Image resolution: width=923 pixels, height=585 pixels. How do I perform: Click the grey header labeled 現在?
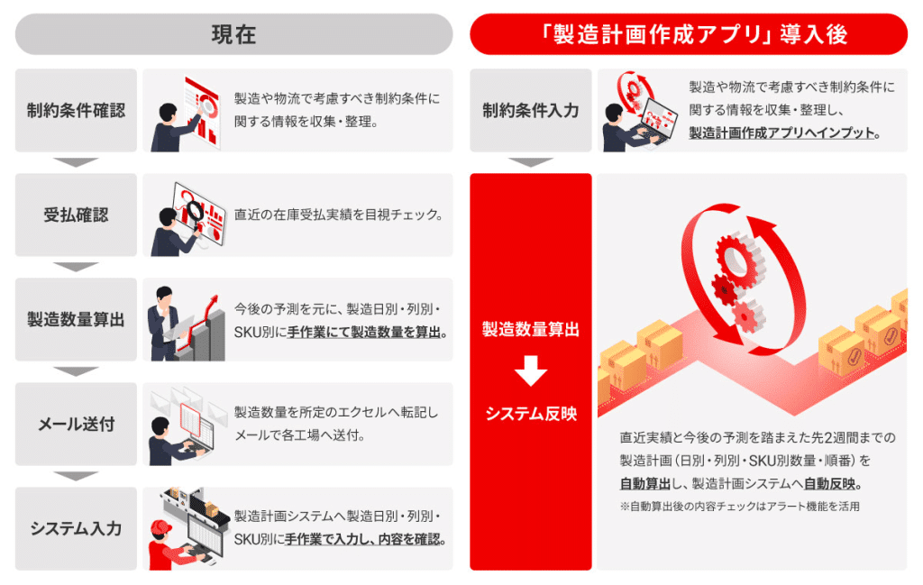tap(233, 34)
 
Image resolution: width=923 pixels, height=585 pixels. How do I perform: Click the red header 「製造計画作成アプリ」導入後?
tap(688, 34)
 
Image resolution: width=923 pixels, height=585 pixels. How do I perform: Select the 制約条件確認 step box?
tap(76, 110)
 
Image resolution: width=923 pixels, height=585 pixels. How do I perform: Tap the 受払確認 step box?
tap(76, 215)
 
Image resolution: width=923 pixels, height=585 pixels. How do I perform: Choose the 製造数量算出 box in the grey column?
tap(76, 319)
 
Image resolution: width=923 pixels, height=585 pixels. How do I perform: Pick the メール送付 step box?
tap(76, 424)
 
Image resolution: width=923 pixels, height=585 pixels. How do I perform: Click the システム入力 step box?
tap(76, 528)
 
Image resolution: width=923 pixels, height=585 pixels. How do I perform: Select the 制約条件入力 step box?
tap(530, 110)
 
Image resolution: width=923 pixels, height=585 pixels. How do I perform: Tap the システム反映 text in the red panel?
tap(530, 414)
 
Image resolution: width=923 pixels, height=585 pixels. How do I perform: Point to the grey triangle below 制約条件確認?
tap(76, 162)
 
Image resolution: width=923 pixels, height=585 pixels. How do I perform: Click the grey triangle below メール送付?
tap(76, 476)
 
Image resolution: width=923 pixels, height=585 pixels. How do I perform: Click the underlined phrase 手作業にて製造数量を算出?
tap(366, 332)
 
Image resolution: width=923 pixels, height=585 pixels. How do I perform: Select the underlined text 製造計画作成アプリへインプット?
tap(782, 133)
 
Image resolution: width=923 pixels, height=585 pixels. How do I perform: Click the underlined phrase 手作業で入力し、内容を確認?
tap(366, 540)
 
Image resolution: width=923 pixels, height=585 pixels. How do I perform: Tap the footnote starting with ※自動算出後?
tap(739, 507)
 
